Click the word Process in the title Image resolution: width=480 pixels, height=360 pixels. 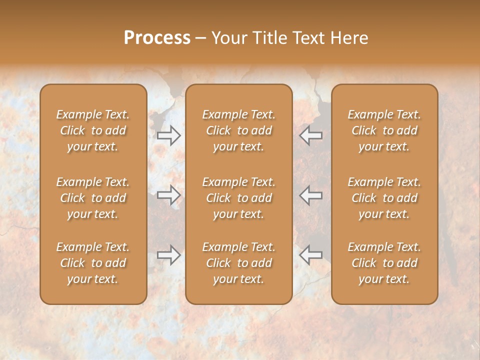[x=157, y=37]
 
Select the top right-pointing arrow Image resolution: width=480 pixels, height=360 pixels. [x=168, y=135]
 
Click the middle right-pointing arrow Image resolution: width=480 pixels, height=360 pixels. [x=168, y=195]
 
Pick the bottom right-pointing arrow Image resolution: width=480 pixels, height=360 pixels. [x=168, y=254]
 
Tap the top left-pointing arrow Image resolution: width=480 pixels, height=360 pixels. [x=311, y=135]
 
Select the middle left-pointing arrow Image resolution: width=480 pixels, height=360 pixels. [x=311, y=195]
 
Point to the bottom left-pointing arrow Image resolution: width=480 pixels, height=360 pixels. [x=311, y=254]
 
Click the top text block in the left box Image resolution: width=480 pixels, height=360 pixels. [x=93, y=130]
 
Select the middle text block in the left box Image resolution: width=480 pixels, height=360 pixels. [x=93, y=198]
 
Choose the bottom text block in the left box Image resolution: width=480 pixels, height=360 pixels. [x=93, y=263]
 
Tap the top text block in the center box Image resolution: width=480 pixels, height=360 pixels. [x=239, y=130]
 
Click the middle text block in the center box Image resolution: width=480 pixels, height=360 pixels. [x=239, y=198]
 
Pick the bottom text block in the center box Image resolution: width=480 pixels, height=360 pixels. [x=239, y=263]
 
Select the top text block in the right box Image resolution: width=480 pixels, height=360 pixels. [x=384, y=130]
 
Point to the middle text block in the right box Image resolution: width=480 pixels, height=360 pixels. [x=384, y=198]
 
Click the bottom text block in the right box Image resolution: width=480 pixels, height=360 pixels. [x=384, y=263]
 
